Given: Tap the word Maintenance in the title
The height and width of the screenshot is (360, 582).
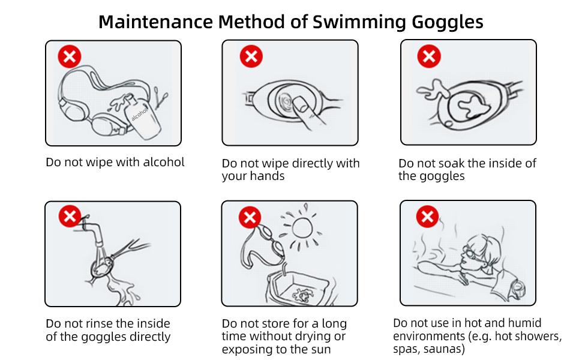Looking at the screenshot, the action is click(155, 22).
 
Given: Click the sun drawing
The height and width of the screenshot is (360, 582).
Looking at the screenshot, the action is click(302, 227).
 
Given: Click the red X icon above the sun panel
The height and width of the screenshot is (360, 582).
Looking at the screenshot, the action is click(250, 217).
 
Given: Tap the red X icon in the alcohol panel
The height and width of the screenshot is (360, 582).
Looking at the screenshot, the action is click(70, 56).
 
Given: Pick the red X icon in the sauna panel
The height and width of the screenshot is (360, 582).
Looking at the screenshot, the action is click(427, 217).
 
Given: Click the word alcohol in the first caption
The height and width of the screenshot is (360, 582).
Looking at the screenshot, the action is click(164, 162).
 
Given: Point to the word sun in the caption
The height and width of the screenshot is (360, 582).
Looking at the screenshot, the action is click(320, 350).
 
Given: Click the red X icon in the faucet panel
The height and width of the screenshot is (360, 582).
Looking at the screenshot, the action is click(70, 216).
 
